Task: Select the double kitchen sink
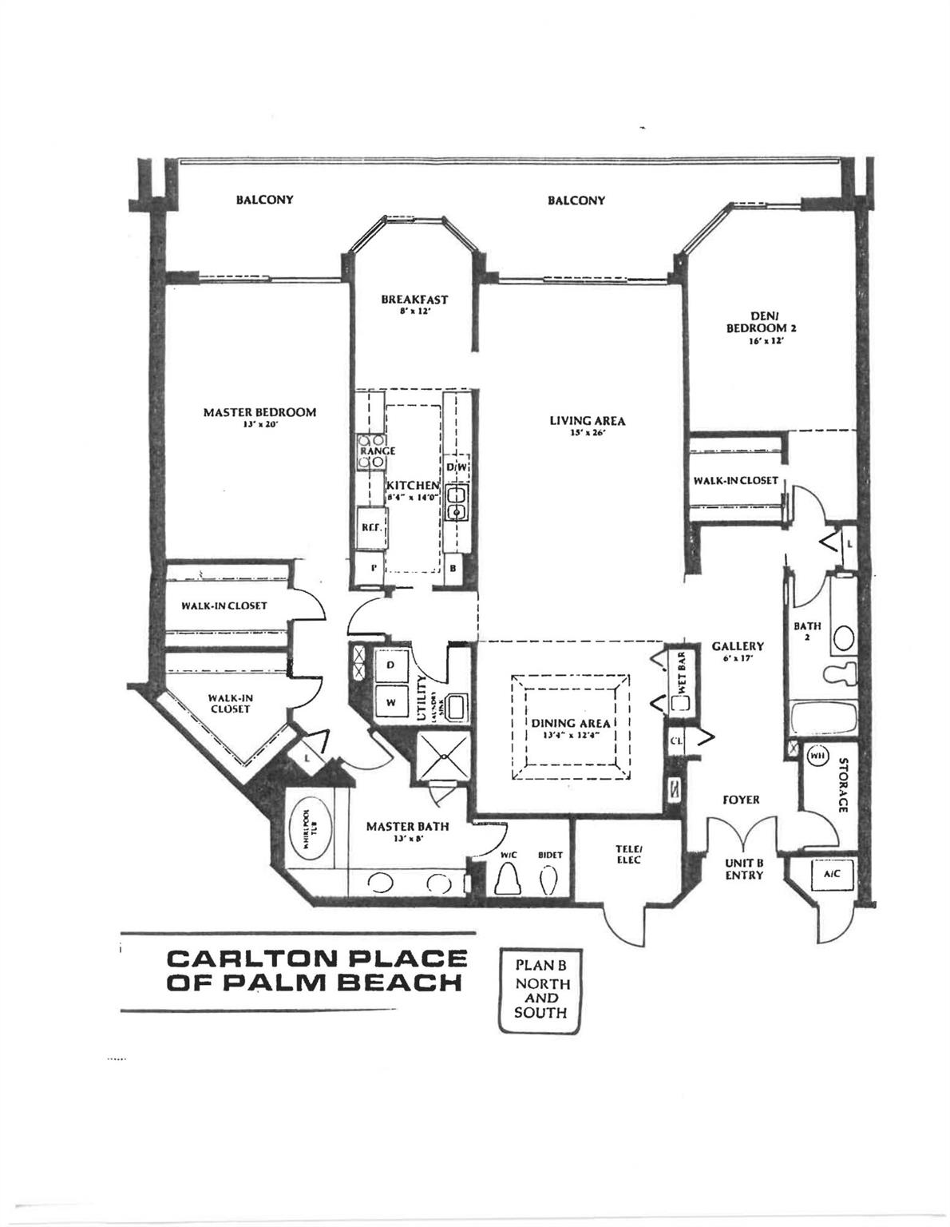457,503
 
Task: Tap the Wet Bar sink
680,704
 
